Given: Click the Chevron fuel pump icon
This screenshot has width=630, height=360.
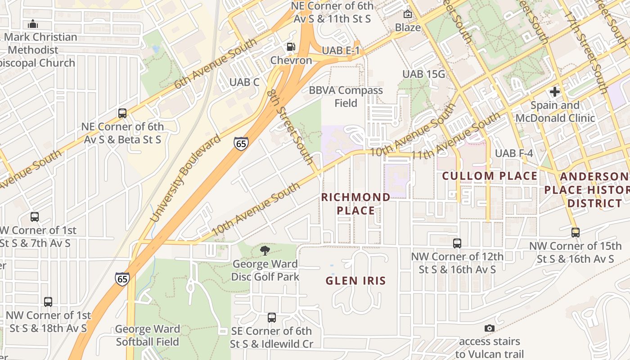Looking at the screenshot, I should tap(291, 47).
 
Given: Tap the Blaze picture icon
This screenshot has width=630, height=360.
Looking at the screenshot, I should tap(408, 14).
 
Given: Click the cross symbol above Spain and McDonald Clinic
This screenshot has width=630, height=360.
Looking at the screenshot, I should tap(555, 92).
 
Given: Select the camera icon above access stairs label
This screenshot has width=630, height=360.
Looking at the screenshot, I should tap(490, 328).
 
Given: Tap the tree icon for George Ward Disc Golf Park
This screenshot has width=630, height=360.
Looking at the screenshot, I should tap(265, 251).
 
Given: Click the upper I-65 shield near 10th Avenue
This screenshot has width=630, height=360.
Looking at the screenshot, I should tap(241, 144).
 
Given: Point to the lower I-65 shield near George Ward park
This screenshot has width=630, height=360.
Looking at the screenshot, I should tap(122, 279).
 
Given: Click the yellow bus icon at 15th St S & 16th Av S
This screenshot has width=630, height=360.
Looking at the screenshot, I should tap(575, 232).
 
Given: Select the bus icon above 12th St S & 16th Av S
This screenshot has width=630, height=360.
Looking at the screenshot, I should tap(457, 243).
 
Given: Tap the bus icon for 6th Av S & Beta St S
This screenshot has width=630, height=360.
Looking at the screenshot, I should tap(122, 113).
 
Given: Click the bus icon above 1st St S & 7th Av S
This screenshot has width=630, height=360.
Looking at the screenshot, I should tap(35, 216).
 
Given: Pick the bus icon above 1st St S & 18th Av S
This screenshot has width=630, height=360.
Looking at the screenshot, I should tap(48, 301).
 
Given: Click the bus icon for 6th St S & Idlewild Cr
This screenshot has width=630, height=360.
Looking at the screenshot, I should tap(271, 317).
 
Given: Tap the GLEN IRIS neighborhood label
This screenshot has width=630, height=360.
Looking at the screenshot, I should tap(355, 281).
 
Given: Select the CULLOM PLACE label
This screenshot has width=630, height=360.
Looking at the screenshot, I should tap(490, 176).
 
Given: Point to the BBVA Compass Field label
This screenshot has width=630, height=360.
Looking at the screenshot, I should tap(346, 97).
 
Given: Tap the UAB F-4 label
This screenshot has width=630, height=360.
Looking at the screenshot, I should tap(514, 153).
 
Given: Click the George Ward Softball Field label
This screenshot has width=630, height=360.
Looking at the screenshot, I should tap(148, 335).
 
